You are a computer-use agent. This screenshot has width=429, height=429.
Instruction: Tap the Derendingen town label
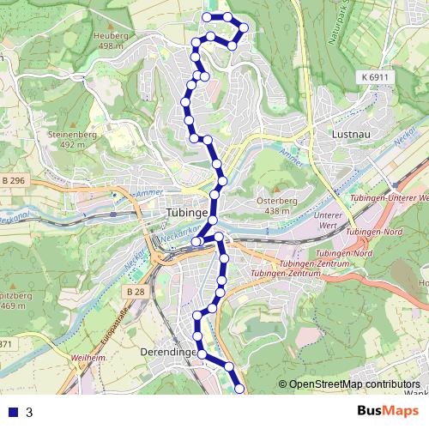coord(166,352)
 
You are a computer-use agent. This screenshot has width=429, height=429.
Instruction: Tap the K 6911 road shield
coord(375,77)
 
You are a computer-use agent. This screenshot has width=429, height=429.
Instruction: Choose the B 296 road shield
coord(14,180)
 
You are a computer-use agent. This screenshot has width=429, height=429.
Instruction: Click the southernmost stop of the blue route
coord(239,390)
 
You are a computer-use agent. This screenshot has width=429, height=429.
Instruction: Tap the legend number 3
coord(29,413)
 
